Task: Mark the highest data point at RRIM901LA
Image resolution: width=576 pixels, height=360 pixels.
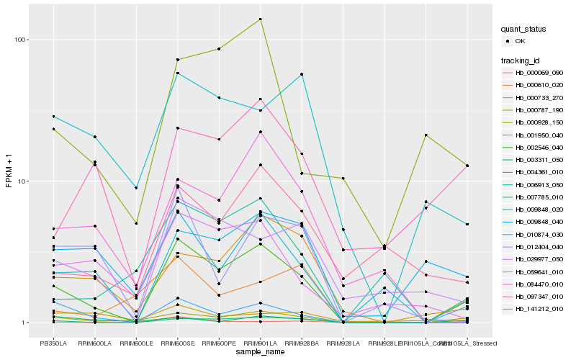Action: [x=260, y=19]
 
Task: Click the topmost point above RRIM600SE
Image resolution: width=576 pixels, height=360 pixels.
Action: [x=177, y=60]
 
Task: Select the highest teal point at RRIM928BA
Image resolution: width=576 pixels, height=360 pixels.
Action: [x=301, y=74]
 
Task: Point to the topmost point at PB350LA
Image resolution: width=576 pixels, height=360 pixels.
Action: [x=53, y=116]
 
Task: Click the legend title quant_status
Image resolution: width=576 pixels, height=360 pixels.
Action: [x=525, y=30]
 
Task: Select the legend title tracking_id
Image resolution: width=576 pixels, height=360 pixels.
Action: [x=521, y=60]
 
